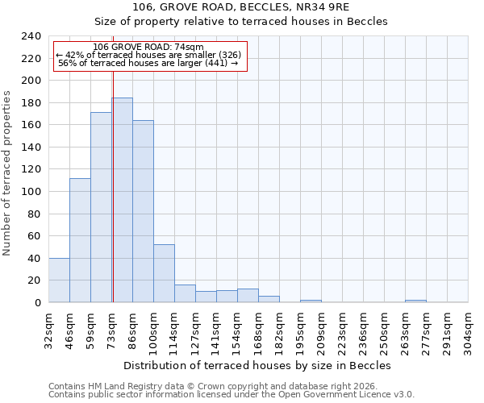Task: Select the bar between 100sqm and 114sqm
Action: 164,273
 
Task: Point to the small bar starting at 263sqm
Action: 415,301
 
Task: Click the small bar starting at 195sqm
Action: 311,301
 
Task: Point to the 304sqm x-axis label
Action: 469,330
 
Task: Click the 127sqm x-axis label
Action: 196,330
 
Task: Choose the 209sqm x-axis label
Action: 322,330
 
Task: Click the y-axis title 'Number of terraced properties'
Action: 8,172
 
